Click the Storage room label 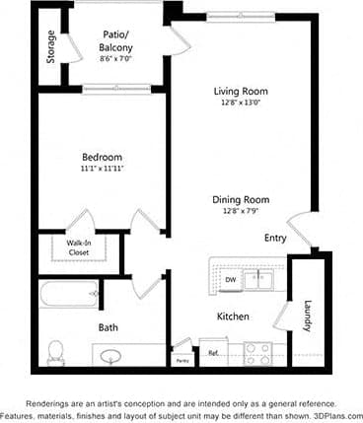coord(50,46)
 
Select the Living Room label coord(241,92)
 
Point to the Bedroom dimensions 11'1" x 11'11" coord(103,169)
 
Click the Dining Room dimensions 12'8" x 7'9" coord(241,210)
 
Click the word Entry coord(276,239)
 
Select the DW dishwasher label coord(230,280)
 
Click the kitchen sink coord(261,279)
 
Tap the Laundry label coord(308,316)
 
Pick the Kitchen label coord(233,317)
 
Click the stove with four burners coord(258,352)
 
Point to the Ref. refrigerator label coord(212,352)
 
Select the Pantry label coord(182,361)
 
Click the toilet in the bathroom coord(56,351)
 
